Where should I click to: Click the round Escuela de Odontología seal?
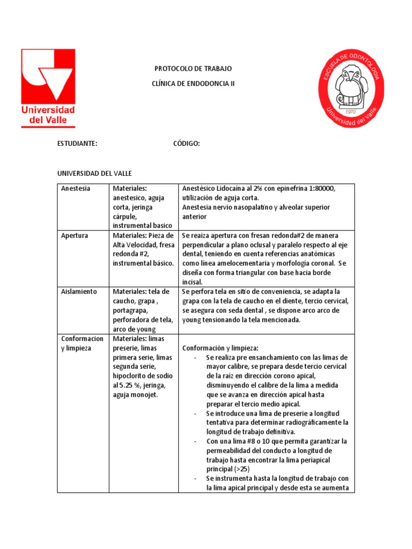[351, 89]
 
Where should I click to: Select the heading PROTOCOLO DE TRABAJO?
[193, 69]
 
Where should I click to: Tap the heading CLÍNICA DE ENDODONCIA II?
[194, 84]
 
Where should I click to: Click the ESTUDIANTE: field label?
[77, 143]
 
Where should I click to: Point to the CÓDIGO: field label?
[187, 143]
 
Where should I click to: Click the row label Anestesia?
[76, 188]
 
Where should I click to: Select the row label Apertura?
[75, 235]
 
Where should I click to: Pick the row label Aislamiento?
[79, 292]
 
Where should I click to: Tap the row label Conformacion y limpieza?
[82, 343]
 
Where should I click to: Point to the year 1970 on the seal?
[351, 112]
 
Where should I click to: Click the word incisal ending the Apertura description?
[193, 282]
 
